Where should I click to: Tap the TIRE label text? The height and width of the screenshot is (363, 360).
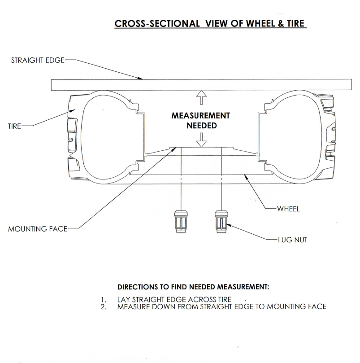tap(15, 126)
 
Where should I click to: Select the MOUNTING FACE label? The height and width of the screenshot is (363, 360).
tap(36, 229)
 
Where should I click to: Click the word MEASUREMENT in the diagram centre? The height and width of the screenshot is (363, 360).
tap(201, 116)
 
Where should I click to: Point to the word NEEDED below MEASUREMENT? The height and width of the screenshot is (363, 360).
tap(201, 126)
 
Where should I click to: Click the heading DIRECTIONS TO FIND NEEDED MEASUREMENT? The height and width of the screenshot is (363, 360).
tap(193, 286)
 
